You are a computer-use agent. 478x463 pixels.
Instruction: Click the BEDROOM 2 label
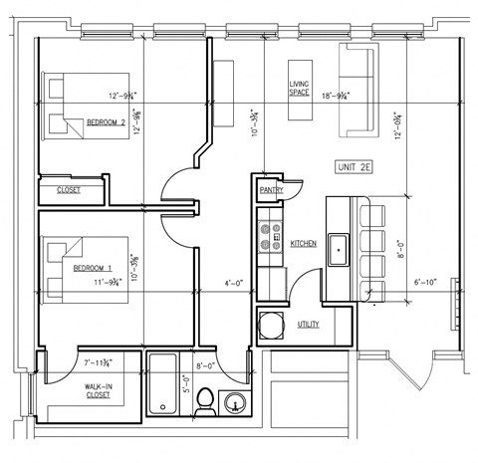105,122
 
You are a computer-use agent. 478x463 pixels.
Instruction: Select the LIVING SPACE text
300,89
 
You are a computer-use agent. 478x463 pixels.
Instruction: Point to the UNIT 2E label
356,168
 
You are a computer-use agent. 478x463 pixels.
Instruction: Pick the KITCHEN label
303,243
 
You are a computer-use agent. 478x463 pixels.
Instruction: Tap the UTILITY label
308,325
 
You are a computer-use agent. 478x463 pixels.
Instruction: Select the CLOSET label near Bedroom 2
69,189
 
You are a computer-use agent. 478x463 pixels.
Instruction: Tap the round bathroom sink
237,403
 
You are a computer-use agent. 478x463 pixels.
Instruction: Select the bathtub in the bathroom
161,383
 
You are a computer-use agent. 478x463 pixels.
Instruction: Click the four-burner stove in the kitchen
270,234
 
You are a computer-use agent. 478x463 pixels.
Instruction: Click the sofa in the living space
356,90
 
